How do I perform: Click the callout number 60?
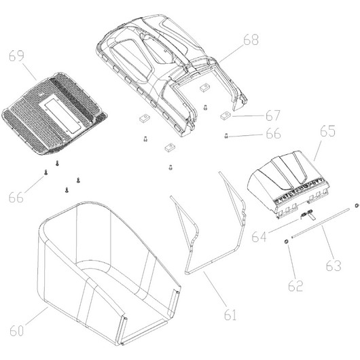pos(16,331)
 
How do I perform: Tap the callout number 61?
pos(230,314)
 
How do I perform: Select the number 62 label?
pos(295,285)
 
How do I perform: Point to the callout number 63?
pos(334,266)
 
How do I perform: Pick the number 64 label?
pos(259,236)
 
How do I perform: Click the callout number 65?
pos(327,131)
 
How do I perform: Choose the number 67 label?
pos(273,115)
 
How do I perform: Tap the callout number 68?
pos(251,39)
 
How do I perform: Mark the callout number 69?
pos(16,56)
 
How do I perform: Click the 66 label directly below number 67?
pos(273,133)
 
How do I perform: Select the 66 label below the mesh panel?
pos(16,197)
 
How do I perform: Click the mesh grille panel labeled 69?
pos(54,114)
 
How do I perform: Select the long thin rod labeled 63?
pos(321,223)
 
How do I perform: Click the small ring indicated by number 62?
pos(286,241)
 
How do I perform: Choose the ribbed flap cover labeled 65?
pos(288,181)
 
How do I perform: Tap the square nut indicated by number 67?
pos(226,115)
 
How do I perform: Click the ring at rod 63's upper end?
pos(356,205)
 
